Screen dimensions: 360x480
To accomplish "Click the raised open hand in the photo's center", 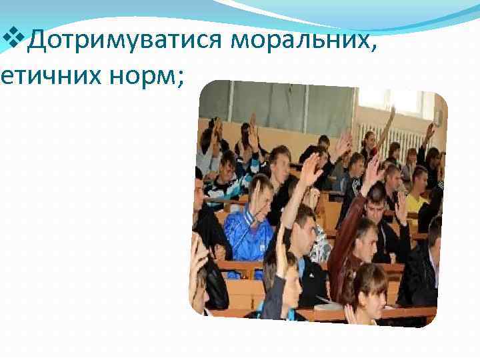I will (311, 170).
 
